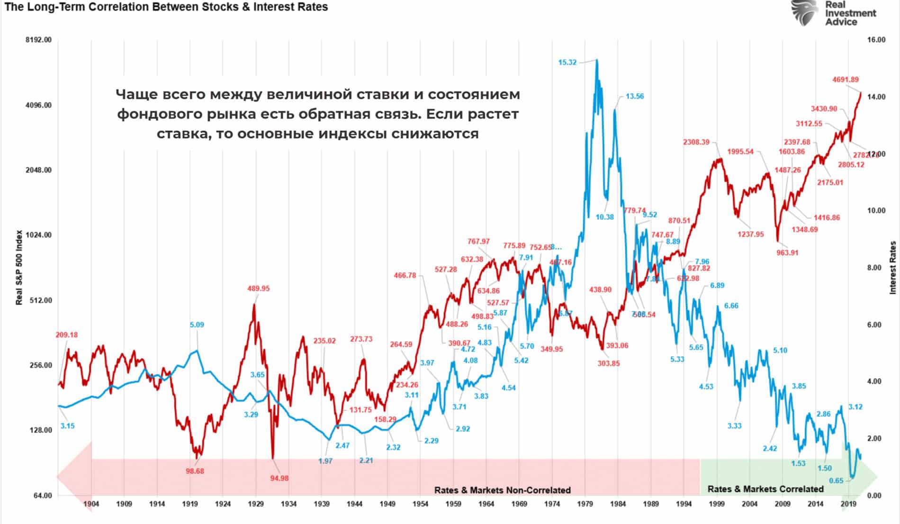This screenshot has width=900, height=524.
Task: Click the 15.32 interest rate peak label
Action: [567, 62]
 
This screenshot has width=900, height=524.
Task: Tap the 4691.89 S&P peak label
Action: [846, 80]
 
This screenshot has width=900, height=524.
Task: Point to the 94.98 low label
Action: [279, 478]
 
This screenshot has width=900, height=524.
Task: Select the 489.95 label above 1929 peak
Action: [258, 288]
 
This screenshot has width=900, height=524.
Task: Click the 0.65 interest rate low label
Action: [836, 480]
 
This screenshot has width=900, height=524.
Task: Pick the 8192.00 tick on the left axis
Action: [38, 40]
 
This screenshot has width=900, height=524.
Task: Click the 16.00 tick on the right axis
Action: [876, 40]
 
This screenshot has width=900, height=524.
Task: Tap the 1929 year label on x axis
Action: [256, 504]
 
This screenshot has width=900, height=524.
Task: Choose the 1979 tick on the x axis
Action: [585, 504]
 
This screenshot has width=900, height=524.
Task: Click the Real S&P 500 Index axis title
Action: [19, 267]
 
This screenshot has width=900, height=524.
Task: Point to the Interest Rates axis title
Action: [893, 267]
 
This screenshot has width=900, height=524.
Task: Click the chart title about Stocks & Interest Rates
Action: [166, 7]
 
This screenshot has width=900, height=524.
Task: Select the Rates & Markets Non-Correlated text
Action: [502, 490]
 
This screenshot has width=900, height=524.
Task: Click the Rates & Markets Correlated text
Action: [765, 489]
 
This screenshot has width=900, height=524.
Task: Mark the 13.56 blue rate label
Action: [635, 96]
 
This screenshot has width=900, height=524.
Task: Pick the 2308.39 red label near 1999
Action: [696, 142]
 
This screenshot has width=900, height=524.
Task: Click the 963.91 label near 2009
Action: [787, 253]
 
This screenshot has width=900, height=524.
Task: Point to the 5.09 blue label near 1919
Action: [197, 325]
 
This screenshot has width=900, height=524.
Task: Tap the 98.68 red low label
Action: [195, 471]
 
